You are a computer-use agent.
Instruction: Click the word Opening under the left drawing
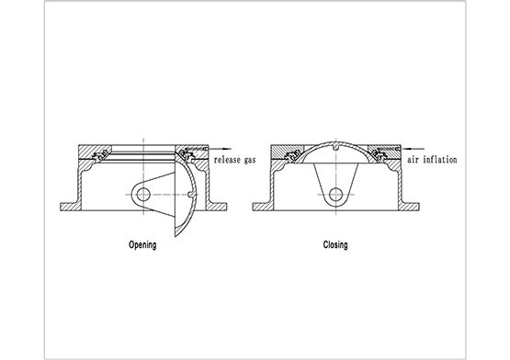point(142,245)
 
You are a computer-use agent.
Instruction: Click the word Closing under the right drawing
point(335,244)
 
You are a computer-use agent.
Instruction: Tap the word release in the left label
point(227,160)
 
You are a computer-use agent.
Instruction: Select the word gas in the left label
point(250,161)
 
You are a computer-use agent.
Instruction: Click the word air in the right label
point(413,160)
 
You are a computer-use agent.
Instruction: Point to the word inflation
point(439,160)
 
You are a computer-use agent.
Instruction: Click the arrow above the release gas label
point(220,149)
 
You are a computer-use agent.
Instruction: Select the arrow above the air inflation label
point(413,149)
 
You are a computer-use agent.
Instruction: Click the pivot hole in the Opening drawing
point(142,195)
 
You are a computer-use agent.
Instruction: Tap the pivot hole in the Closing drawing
point(336,195)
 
